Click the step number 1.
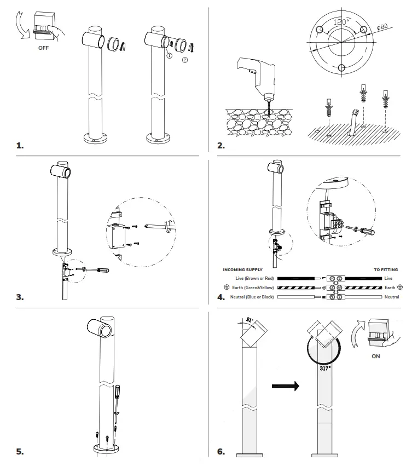pos(20,146)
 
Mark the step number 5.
pos(20,451)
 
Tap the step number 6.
pos(221,451)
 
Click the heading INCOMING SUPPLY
pos(243,269)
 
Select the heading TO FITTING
pos(386,269)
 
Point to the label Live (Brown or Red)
pos(251,279)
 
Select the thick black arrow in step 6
pos(286,386)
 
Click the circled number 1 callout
pos(170,56)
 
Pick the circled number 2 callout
pos(184,59)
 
